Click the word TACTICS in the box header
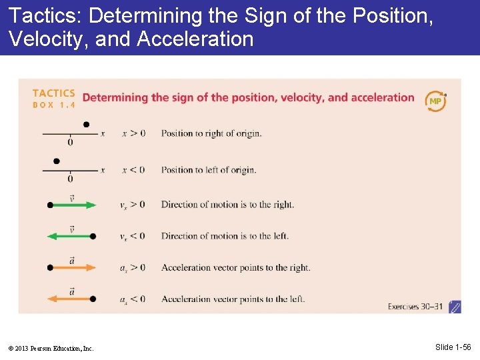(x=53, y=93)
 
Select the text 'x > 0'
(x=133, y=133)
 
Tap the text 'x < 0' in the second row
(x=133, y=169)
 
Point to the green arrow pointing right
(x=72, y=205)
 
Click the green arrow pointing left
(x=72, y=236)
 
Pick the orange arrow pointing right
(x=72, y=267)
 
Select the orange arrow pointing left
(x=72, y=299)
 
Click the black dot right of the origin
(x=86, y=124)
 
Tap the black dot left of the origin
(x=57, y=161)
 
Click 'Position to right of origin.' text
(x=211, y=133)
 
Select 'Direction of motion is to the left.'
(x=225, y=236)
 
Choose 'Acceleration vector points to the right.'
(x=235, y=267)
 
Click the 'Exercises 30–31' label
(x=415, y=307)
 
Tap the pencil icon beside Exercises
(x=455, y=307)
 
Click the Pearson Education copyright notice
(x=52, y=348)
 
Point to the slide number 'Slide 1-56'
(x=453, y=347)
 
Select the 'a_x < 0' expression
(x=133, y=299)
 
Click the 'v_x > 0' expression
(x=133, y=205)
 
